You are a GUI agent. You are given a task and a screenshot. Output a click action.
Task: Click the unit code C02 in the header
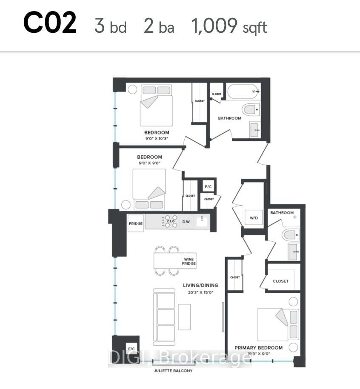click(x=50, y=23)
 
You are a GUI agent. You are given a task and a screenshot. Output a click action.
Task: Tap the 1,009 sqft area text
click(x=229, y=26)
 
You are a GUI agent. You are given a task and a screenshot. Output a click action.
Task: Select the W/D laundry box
click(x=254, y=218)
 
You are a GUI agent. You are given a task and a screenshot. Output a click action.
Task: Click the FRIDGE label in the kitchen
click(x=136, y=223)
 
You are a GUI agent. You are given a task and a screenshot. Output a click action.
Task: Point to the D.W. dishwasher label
click(x=186, y=222)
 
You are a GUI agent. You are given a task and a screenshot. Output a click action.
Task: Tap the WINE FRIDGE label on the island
click(x=189, y=261)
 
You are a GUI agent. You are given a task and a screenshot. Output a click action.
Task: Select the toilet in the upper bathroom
click(x=251, y=109)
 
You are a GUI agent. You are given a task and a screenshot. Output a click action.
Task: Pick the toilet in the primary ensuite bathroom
click(x=291, y=235)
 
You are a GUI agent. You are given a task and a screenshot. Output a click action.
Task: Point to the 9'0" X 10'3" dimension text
click(x=157, y=138)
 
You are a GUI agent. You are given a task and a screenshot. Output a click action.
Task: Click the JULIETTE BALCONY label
click(x=173, y=371)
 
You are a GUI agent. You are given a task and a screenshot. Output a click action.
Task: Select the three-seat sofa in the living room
click(x=164, y=317)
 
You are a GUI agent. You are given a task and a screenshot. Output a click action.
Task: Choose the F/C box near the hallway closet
click(x=208, y=186)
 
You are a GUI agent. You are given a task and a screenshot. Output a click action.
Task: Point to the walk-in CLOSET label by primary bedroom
click(x=281, y=281)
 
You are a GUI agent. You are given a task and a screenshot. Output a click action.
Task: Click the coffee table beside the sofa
click(x=185, y=317)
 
